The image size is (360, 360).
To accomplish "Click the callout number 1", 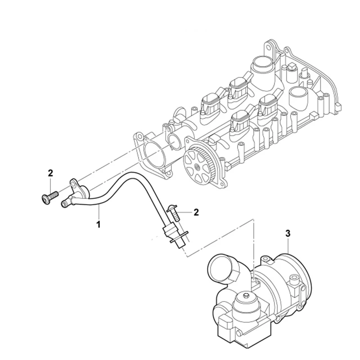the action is [x=99, y=224].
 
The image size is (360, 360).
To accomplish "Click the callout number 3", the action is [x=288, y=234].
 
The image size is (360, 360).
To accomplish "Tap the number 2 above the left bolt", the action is [x=50, y=173].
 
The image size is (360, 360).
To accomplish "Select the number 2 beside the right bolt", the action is [x=196, y=212].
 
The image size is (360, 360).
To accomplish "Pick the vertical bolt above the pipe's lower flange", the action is [x=174, y=213].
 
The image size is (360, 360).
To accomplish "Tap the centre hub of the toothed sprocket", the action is [x=197, y=166].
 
